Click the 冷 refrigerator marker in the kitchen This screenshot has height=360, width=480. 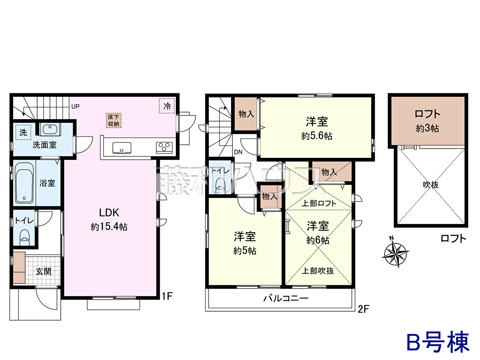[x=167, y=106]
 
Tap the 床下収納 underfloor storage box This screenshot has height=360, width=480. [x=114, y=120]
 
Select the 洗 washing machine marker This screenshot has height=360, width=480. [x=23, y=132]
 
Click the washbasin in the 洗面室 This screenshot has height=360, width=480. [x=50, y=129]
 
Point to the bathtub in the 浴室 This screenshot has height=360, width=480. [x=24, y=183]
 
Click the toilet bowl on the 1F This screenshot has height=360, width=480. [x=25, y=237]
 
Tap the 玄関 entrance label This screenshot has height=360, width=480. [x=44, y=271]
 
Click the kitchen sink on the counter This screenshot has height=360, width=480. [x=122, y=148]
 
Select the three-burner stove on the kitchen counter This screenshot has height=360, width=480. [x=164, y=147]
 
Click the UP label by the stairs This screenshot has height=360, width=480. [x=75, y=106]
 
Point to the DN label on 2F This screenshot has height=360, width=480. [x=238, y=152]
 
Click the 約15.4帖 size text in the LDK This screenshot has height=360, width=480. [x=109, y=227]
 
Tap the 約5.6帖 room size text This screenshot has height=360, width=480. [x=316, y=136]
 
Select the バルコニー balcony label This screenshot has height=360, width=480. [x=286, y=298]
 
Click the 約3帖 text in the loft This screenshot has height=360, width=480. [x=427, y=128]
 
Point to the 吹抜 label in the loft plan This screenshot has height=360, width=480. [x=430, y=185]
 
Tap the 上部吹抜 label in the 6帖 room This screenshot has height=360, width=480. [x=318, y=271]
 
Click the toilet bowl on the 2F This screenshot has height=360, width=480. [x=220, y=186]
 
